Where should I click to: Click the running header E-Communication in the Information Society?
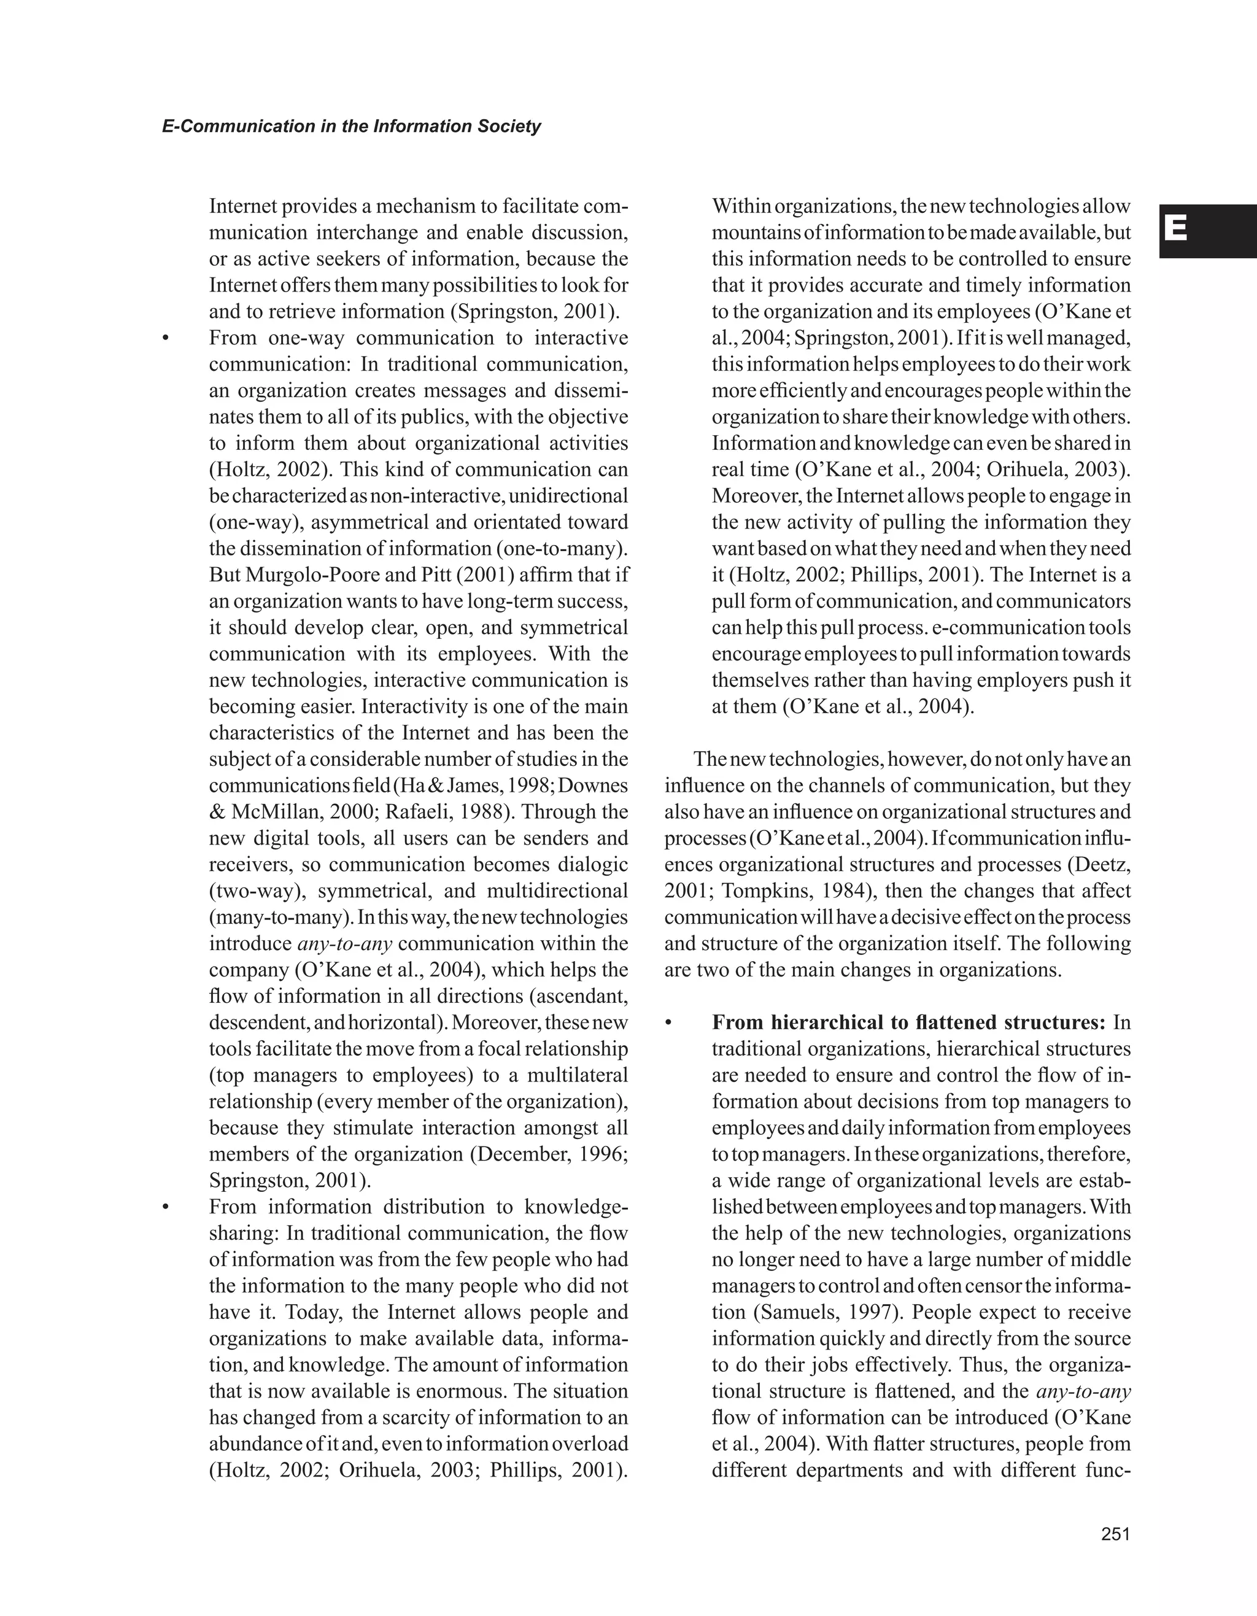tap(352, 126)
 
